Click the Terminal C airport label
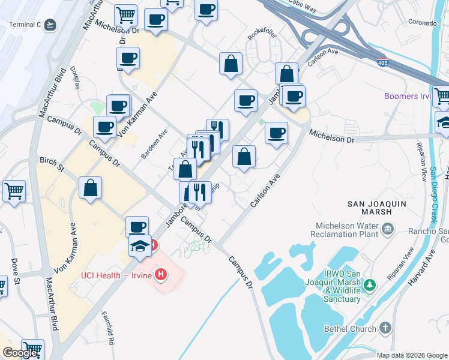tap(25, 25)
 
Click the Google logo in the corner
tap(20, 353)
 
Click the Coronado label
tap(422, 23)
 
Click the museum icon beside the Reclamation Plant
tap(387, 228)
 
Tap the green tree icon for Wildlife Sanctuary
tap(371, 284)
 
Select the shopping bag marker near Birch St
tap(90, 188)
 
